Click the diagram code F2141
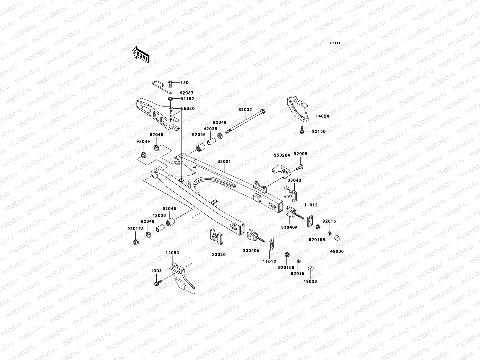point(335,43)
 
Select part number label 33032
point(245,110)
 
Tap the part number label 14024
point(322,116)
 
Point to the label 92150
point(319,131)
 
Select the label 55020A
point(282,155)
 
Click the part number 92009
point(300,154)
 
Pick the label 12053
point(172,253)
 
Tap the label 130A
point(156,271)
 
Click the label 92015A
point(136,228)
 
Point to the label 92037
point(187,93)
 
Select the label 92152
point(187,99)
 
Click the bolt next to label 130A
point(157,283)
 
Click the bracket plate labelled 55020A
point(282,170)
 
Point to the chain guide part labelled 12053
point(182,277)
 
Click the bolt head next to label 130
point(170,82)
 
